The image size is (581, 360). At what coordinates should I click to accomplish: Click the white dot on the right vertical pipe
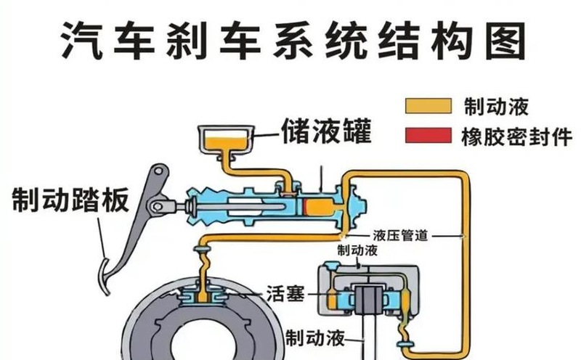[462, 235]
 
